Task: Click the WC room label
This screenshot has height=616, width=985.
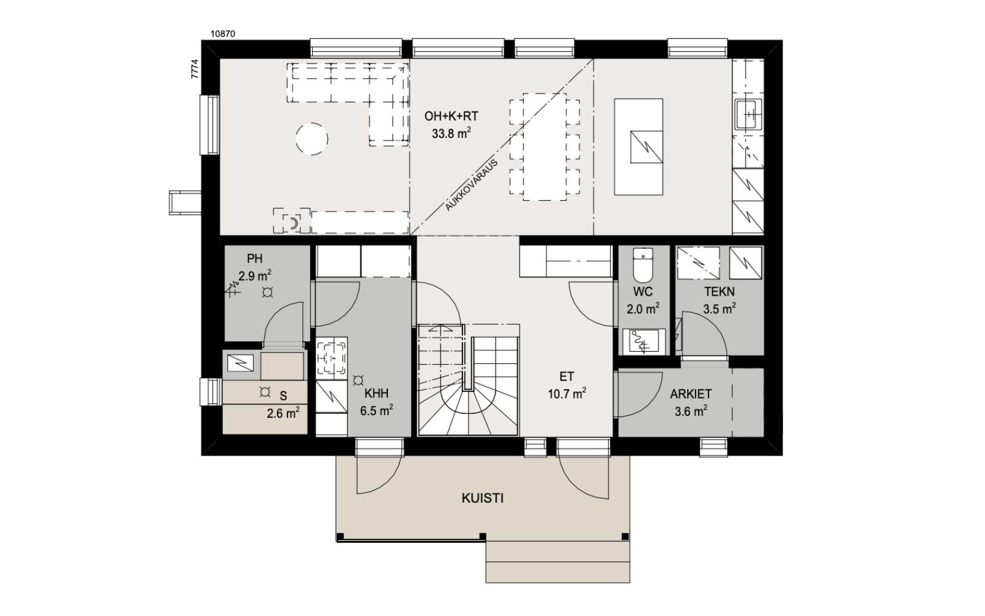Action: [x=643, y=292]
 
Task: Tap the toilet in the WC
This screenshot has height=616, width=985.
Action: [x=643, y=265]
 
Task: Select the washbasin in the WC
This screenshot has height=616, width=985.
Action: [x=644, y=341]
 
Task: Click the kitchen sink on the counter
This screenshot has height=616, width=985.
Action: [x=749, y=115]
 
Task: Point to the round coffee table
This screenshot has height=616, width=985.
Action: [x=312, y=139]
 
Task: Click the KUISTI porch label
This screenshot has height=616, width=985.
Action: [x=483, y=498]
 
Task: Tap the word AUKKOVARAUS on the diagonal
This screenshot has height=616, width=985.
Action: [x=472, y=185]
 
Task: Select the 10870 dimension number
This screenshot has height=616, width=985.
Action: [x=223, y=34]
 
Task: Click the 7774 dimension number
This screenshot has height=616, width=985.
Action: [x=195, y=69]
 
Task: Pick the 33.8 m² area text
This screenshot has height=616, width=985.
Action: [x=451, y=133]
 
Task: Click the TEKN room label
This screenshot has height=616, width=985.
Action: [x=720, y=292]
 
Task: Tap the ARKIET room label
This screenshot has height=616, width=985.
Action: [x=691, y=394]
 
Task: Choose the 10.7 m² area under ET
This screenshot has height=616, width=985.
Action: [x=567, y=394]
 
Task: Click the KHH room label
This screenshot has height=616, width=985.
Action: [x=376, y=394]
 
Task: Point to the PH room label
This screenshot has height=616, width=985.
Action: [x=255, y=258]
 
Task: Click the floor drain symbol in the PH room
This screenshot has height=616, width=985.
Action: [x=267, y=293]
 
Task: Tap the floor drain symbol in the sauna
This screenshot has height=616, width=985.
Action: [x=265, y=392]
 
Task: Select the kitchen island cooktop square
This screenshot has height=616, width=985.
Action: [x=646, y=147]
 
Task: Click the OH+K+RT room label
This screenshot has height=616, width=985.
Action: [x=451, y=116]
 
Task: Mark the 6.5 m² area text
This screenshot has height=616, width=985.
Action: [x=376, y=410]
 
